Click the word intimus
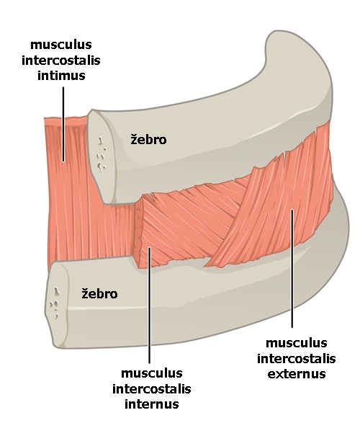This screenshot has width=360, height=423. coord(61,75)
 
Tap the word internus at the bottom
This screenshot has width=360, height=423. coord(152,404)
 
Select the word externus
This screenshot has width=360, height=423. coord(297,374)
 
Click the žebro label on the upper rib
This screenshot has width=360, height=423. coord(148,139)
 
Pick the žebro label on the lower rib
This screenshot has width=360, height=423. coord(99,293)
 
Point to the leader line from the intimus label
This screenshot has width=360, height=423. coord(63,124)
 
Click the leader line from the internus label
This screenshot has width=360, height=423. coord(150,305)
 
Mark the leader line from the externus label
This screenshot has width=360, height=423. coord(292,268)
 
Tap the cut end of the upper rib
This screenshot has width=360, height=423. coord(102,156)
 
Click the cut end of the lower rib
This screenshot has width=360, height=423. coord(57,305)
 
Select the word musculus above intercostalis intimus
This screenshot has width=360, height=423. coord(61,45)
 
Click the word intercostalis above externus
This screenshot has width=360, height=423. coord(297,359)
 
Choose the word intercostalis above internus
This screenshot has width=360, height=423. coord(152,388)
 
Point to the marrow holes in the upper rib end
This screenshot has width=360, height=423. coord(101,155)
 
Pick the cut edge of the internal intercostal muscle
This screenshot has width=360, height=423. coord(139,232)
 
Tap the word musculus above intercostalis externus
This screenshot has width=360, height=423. coord(297,343)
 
